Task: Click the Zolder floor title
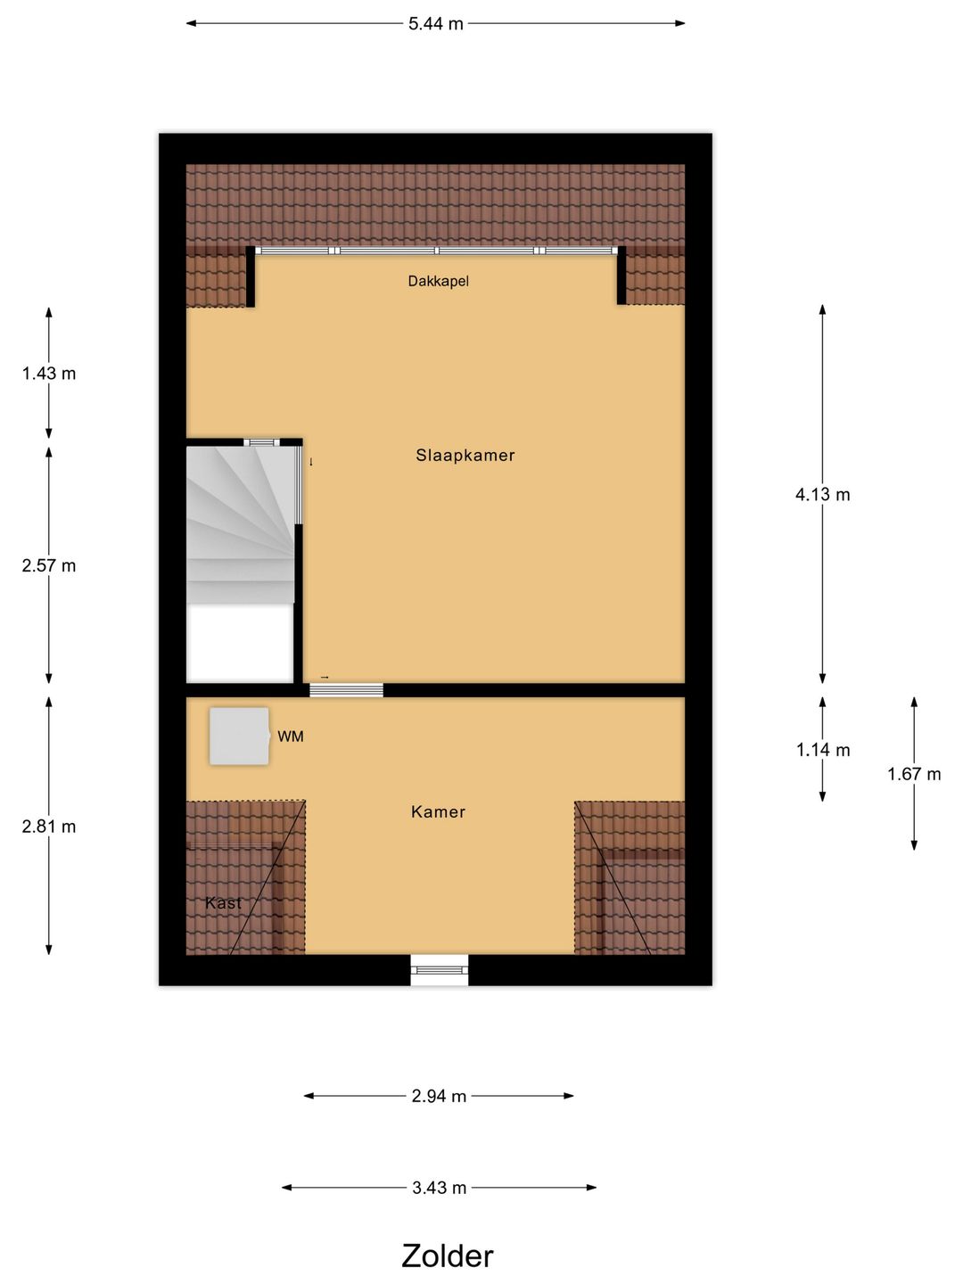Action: click(x=447, y=1255)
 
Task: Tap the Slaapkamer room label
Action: click(x=465, y=456)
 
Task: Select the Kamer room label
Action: click(x=438, y=812)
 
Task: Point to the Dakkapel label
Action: click(x=438, y=282)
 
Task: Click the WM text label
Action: click(x=291, y=737)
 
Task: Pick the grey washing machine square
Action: click(x=239, y=737)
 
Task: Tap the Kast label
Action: click(x=223, y=903)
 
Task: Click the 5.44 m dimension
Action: click(x=436, y=24)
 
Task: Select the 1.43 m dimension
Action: click(x=49, y=374)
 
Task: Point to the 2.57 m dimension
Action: click(x=49, y=565)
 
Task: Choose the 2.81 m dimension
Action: click(x=49, y=827)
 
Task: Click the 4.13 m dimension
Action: click(x=822, y=495)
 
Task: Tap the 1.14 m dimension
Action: click(x=822, y=750)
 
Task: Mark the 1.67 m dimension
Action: click(x=914, y=774)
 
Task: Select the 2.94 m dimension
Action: click(x=439, y=1096)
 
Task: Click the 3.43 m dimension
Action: click(x=439, y=1188)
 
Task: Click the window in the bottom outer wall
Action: click(x=440, y=970)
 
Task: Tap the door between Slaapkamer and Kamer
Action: click(x=347, y=689)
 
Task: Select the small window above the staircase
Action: click(x=261, y=441)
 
